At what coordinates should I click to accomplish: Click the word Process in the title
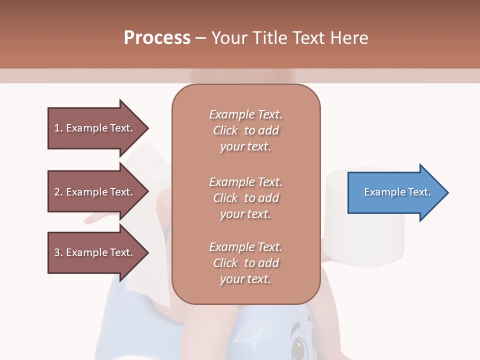point(157,38)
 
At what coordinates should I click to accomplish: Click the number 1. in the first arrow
point(58,128)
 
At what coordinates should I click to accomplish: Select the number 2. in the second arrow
point(58,192)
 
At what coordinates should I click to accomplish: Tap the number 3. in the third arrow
point(58,252)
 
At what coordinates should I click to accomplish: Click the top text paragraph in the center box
point(245,130)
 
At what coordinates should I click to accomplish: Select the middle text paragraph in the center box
point(245,198)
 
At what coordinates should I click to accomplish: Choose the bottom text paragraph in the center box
point(245,263)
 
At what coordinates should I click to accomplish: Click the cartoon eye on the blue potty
point(299,345)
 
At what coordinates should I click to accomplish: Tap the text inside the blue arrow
point(397,192)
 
